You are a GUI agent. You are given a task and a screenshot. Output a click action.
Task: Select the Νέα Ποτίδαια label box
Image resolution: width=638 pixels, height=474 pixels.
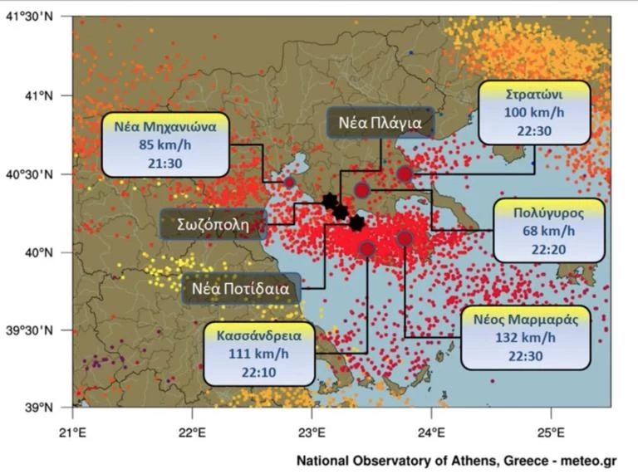pyautogui.click(x=241, y=290)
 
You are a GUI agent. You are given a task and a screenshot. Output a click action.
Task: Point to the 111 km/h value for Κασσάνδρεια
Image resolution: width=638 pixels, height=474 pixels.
pyautogui.click(x=260, y=354)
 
